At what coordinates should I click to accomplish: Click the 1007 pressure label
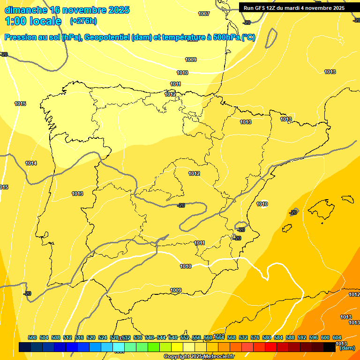pyautogui.click(x=204, y=14)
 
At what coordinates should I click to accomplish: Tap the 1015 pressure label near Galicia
pyautogui.click(x=20, y=104)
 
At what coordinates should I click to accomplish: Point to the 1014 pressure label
pyautogui.click(x=31, y=163)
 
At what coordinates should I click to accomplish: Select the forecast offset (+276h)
pyautogui.click(x=83, y=21)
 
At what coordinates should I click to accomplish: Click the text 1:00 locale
pyautogui.click(x=33, y=21)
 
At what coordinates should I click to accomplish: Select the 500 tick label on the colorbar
pyautogui.click(x=32, y=337)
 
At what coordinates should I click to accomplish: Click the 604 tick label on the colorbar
pyautogui.click(x=337, y=337)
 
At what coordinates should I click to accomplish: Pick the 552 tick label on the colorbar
pyautogui.click(x=185, y=337)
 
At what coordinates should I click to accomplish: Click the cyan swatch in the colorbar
pyautogui.click(x=119, y=347)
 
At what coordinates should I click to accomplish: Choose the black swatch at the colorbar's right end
pyautogui.click(x=330, y=347)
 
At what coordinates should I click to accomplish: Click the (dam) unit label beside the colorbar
pyautogui.click(x=347, y=348)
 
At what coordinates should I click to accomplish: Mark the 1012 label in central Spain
pyautogui.click(x=194, y=173)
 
